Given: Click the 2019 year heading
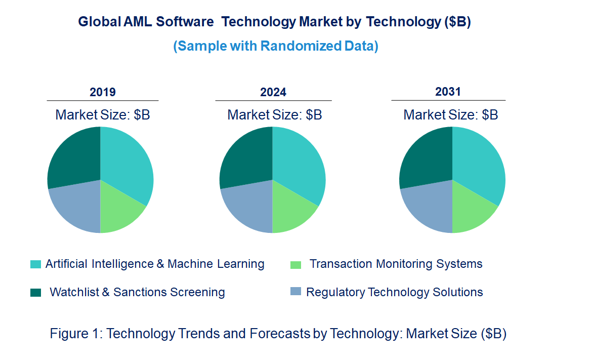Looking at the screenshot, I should pyautogui.click(x=103, y=92).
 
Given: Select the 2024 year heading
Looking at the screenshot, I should pyautogui.click(x=273, y=92).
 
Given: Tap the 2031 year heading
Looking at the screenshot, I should pyautogui.click(x=448, y=92).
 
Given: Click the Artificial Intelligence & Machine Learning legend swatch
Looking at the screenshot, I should pyautogui.click(x=36, y=264).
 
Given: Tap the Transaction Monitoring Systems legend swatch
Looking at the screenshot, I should pyautogui.click(x=296, y=264).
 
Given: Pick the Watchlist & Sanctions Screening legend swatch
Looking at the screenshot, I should pyautogui.click(x=36, y=292).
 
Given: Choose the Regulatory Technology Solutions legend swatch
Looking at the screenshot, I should pyautogui.click(x=296, y=292).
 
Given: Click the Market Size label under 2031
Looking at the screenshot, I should pyautogui.click(x=450, y=115).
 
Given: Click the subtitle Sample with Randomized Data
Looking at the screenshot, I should pyautogui.click(x=276, y=46).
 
